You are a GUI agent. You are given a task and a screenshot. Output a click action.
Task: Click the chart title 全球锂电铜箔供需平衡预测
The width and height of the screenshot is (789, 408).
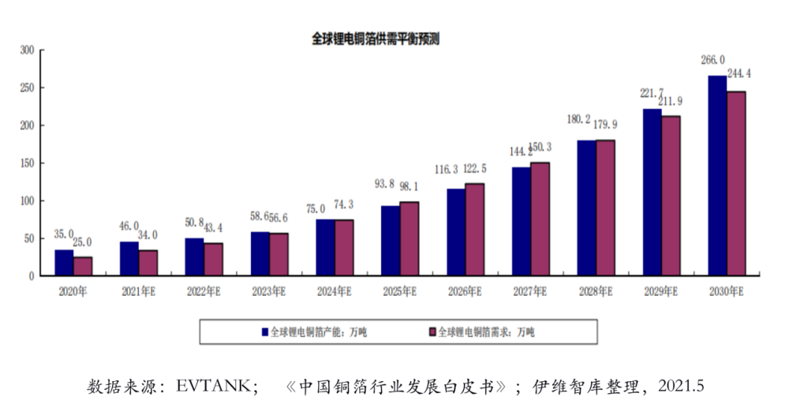click(x=376, y=39)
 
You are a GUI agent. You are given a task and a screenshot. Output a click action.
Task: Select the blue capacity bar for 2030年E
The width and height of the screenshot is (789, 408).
click(x=717, y=175)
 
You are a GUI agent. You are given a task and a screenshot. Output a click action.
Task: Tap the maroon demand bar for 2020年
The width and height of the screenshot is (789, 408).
click(x=83, y=266)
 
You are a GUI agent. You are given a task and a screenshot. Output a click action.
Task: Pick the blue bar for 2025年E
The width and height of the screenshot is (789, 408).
click(x=390, y=241)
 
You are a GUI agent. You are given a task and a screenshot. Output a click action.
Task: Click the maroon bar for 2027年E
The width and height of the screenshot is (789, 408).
click(x=540, y=219)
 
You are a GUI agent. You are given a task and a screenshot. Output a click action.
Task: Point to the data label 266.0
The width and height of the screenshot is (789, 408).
click(x=712, y=60)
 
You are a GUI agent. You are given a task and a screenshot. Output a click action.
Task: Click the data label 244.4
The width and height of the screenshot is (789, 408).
click(x=739, y=73)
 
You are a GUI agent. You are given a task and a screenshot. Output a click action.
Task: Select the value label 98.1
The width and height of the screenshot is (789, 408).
click(x=409, y=187)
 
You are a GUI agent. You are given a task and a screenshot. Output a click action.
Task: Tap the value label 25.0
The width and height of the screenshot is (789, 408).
click(x=82, y=242)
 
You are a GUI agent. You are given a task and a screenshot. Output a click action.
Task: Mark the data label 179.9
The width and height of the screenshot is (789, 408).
click(x=605, y=124)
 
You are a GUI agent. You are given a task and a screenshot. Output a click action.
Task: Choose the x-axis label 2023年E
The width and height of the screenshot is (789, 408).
click(x=269, y=292)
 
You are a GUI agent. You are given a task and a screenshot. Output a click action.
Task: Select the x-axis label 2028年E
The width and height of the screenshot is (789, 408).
click(x=595, y=292)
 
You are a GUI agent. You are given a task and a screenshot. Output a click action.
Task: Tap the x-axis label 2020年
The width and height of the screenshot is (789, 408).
click(x=73, y=292)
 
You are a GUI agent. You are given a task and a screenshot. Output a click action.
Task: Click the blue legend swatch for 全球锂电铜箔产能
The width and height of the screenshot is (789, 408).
click(x=265, y=332)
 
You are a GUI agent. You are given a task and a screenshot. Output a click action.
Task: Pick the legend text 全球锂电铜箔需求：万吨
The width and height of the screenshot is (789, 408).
click(x=486, y=332)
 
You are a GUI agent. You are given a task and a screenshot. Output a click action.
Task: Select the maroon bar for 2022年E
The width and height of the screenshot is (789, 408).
click(x=213, y=260)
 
